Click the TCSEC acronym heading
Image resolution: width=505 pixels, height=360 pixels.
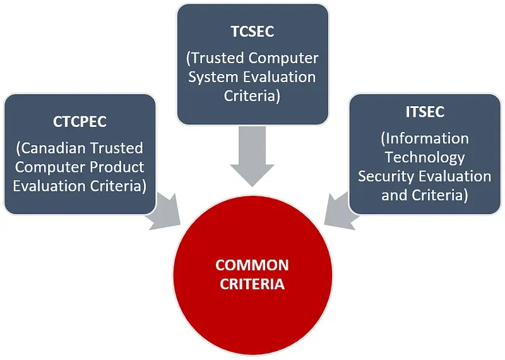click(x=252, y=32)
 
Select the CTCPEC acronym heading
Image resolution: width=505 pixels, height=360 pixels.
click(x=80, y=122)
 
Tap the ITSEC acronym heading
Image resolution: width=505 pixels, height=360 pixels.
click(x=425, y=112)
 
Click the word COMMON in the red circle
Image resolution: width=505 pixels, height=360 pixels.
click(x=252, y=265)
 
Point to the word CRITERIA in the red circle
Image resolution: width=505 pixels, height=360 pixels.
click(x=252, y=284)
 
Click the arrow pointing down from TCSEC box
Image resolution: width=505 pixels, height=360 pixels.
click(x=252, y=156)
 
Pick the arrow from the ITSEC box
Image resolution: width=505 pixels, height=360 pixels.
click(x=342, y=211)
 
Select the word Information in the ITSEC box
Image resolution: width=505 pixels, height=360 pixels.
click(x=425, y=138)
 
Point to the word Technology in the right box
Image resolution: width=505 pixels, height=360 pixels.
click(x=425, y=158)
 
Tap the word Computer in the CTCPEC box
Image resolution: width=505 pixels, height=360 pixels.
click(x=50, y=167)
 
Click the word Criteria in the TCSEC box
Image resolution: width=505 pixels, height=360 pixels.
click(x=252, y=96)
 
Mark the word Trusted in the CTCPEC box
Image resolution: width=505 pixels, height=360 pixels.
click(x=116, y=148)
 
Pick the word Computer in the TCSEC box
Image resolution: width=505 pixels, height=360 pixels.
click(x=283, y=58)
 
